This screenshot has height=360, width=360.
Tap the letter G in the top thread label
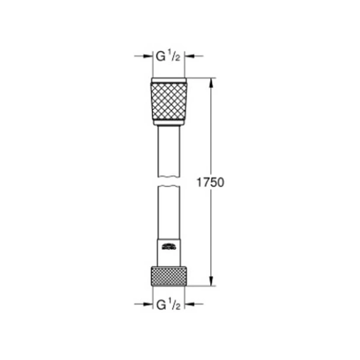[x=160, y=56]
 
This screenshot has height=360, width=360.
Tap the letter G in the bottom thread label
[x=160, y=305]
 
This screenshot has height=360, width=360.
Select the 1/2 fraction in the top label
[x=175, y=57]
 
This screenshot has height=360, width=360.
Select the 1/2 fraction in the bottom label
[x=175, y=306]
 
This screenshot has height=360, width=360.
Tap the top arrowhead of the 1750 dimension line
[x=211, y=81]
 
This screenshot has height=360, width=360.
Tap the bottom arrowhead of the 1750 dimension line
[x=211, y=282]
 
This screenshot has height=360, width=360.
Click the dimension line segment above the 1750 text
[x=211, y=130]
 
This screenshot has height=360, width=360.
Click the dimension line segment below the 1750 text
[x=211, y=237]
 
